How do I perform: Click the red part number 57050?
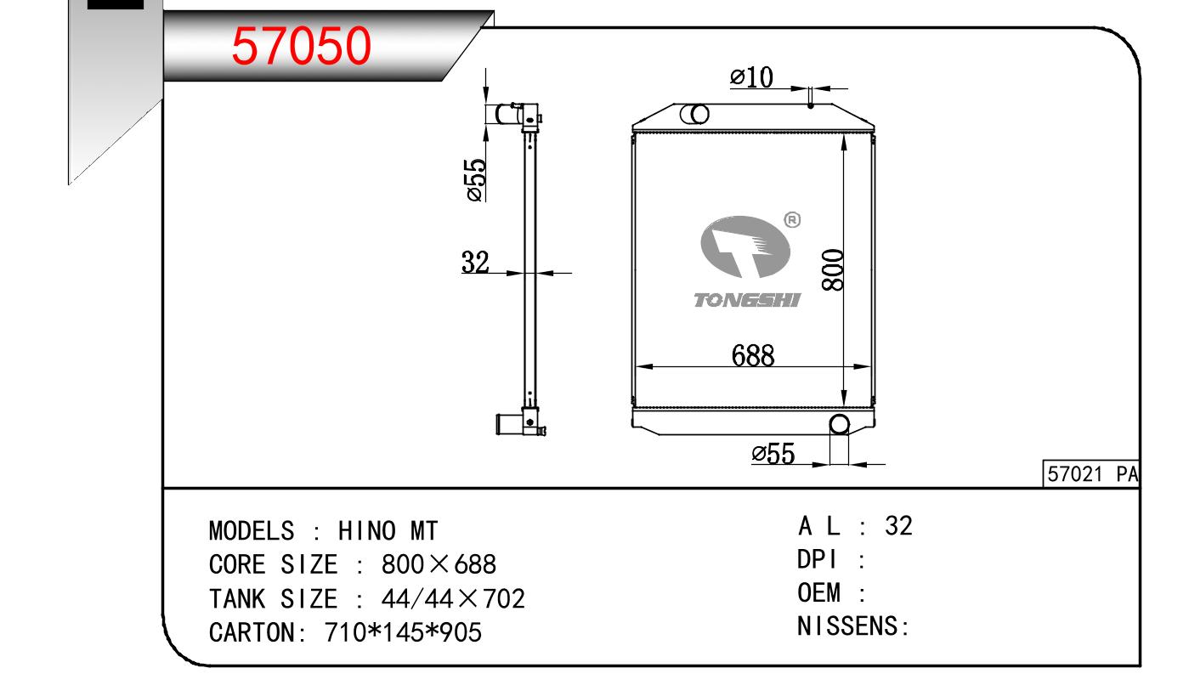(x=301, y=46)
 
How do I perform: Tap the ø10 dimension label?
(x=751, y=77)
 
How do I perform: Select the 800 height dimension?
(x=832, y=270)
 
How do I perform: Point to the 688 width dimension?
(x=753, y=355)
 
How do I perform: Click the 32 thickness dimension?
(x=474, y=262)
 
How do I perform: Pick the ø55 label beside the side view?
(x=475, y=180)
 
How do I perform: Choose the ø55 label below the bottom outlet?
(x=773, y=454)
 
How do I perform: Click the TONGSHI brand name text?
(x=747, y=300)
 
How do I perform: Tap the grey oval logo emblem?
(x=745, y=246)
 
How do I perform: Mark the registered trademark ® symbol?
(x=792, y=219)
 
